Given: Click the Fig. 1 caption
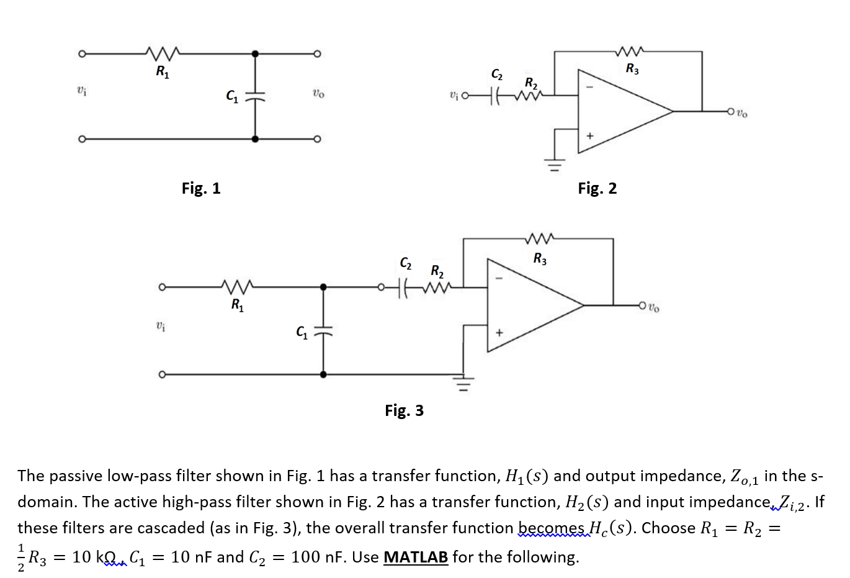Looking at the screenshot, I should tap(201, 188).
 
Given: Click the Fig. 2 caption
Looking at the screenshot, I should tap(597, 188).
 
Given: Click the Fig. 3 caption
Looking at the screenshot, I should tap(404, 410).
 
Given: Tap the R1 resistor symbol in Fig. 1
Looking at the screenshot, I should tap(162, 52).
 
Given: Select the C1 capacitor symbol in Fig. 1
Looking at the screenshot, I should tap(255, 96).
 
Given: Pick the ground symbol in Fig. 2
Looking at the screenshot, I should tap(555, 165).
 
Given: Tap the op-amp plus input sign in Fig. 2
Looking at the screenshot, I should tap(590, 135).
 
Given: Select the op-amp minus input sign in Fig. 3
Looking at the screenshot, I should tap(497, 278).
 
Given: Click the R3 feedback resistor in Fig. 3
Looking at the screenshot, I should tap(540, 238).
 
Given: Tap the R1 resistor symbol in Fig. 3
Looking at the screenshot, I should tap(236, 287).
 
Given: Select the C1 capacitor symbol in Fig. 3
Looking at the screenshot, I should tap(323, 331).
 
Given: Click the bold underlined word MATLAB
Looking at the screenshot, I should tap(416, 557).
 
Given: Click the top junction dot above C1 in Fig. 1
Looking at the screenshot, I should tap(255, 53).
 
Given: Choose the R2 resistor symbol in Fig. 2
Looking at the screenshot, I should tap(528, 96).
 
